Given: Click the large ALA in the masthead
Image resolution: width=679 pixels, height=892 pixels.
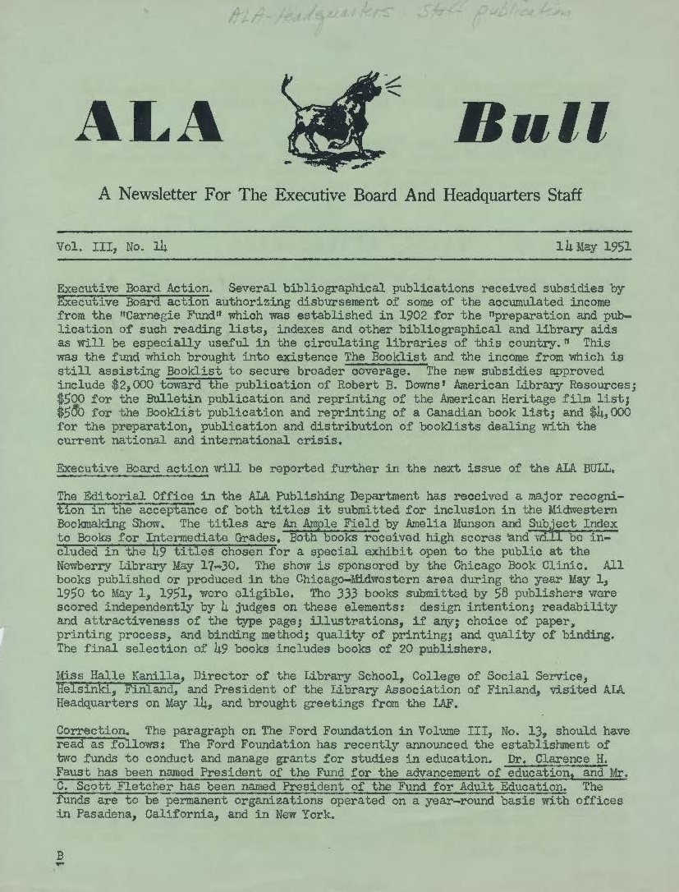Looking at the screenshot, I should (149, 122).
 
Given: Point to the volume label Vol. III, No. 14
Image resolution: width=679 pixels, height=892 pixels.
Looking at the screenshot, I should (112, 246).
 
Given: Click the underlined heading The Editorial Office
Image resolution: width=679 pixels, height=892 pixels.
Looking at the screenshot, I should (126, 497).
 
